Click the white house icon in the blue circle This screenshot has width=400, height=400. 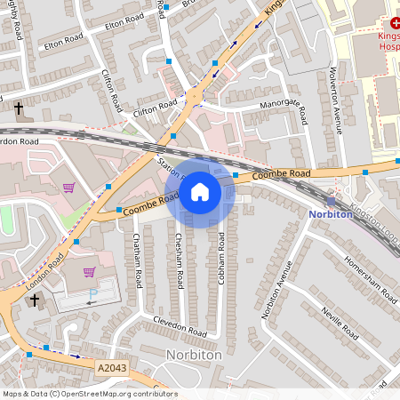[x=200, y=192]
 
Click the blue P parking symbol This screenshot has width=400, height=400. [x=93, y=295]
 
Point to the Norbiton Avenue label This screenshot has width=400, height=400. [x=276, y=292]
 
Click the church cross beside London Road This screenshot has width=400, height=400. [x=35, y=300]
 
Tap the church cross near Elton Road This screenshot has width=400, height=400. [x=18, y=108]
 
